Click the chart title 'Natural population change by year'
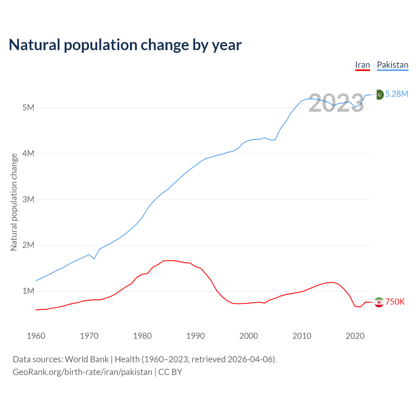pyautogui.click(x=125, y=45)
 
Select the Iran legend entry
pyautogui.click(x=362, y=65)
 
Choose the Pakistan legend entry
pyautogui.click(x=392, y=65)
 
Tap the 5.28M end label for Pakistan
pyautogui.click(x=396, y=94)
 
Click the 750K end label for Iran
pyautogui.click(x=395, y=302)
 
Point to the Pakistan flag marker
pyautogui.click(x=379, y=94)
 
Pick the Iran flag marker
pyautogui.click(x=379, y=302)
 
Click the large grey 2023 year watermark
pyautogui.click(x=336, y=103)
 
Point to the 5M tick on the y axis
pyautogui.click(x=28, y=108)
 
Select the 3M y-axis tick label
pyautogui.click(x=28, y=199)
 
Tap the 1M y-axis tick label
pyautogui.click(x=28, y=291)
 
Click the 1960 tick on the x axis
pyautogui.click(x=36, y=336)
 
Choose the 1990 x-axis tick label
pyautogui.click(x=195, y=336)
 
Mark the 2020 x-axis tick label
pyautogui.click(x=355, y=336)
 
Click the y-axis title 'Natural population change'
pyautogui.click(x=14, y=202)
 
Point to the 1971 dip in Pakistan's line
pyautogui.click(x=94, y=259)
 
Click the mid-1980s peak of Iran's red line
pyautogui.click(x=169, y=260)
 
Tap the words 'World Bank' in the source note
pyautogui.click(x=87, y=359)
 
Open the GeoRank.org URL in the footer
pyautogui.click(x=82, y=372)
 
